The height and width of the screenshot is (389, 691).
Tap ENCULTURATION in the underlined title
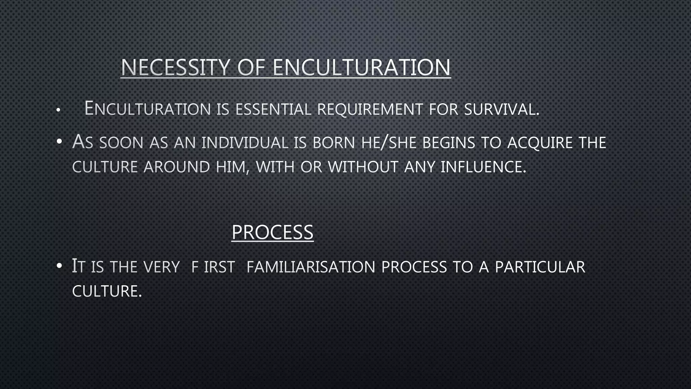pyautogui.click(x=361, y=68)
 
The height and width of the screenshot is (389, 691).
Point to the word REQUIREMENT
pyautogui.click(x=370, y=109)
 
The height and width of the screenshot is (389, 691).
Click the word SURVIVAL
pyautogui.click(x=501, y=109)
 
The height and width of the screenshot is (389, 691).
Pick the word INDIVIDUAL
pyautogui.click(x=245, y=142)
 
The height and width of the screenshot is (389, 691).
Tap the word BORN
pyautogui.click(x=334, y=142)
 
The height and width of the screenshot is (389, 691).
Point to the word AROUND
pyautogui.click(x=177, y=167)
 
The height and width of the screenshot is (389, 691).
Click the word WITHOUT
pyautogui.click(x=363, y=167)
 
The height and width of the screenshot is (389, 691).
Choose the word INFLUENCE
pyautogui.click(x=483, y=167)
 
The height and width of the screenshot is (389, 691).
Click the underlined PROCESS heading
pyautogui.click(x=273, y=232)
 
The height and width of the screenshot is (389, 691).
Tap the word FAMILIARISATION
pyautogui.click(x=311, y=267)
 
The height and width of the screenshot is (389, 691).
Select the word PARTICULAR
pyautogui.click(x=540, y=267)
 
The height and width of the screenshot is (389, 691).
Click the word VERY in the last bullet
pyautogui.click(x=161, y=267)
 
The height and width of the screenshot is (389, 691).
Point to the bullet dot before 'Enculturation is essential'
pyautogui.click(x=58, y=110)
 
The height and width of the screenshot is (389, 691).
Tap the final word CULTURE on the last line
pyautogui.click(x=107, y=291)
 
